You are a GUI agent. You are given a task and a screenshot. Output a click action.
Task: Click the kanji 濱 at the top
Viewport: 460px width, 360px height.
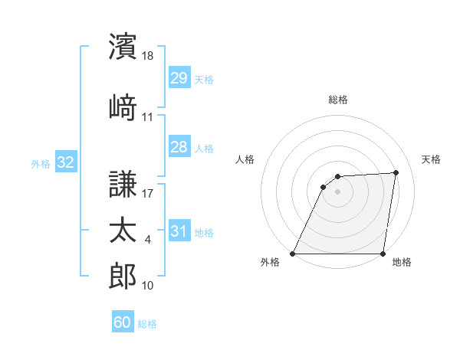(123, 46)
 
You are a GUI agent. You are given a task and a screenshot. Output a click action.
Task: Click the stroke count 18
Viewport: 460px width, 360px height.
(149, 56)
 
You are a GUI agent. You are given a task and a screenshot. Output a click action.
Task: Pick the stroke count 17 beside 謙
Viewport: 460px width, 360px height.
(148, 193)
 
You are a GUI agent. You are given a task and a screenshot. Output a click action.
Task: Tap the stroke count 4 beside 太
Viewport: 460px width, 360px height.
(148, 240)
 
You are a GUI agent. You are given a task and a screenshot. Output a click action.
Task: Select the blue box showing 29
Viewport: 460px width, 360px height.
(179, 79)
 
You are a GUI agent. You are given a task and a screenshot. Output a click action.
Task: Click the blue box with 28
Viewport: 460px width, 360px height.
(179, 147)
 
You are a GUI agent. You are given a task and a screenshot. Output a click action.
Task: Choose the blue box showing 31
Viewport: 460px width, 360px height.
(179, 231)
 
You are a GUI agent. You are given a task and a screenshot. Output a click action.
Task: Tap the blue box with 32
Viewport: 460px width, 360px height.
(65, 162)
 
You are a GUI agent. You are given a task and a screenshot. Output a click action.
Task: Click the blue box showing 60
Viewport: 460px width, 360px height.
(123, 322)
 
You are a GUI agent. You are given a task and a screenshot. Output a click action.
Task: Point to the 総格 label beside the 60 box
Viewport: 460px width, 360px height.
(148, 324)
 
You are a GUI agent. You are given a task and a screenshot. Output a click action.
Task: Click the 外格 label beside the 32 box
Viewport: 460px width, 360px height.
(41, 163)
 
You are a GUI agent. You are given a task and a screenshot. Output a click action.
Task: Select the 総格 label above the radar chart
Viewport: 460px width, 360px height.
(338, 100)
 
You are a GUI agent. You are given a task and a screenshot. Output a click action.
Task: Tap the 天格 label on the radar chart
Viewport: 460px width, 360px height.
(432, 159)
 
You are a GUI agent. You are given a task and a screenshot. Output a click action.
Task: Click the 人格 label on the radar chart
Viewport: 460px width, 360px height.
(245, 159)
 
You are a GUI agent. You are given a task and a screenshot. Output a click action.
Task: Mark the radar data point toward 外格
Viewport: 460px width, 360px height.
(293, 253)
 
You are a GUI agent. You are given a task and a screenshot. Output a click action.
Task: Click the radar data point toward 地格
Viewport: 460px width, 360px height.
(383, 253)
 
